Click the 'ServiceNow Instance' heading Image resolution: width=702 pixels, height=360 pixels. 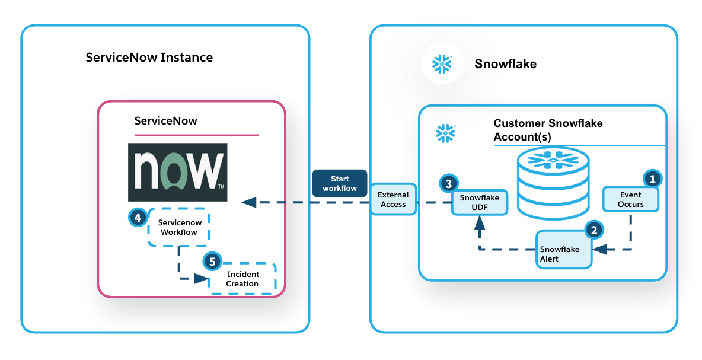click(x=149, y=58)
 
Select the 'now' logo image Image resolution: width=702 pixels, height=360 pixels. click(x=177, y=172)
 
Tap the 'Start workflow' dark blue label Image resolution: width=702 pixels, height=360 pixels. click(x=340, y=183)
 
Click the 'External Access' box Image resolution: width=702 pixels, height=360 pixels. click(x=393, y=199)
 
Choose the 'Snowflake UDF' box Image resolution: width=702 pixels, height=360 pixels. click(x=480, y=202)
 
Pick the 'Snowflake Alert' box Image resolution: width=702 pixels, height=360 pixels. click(x=564, y=250)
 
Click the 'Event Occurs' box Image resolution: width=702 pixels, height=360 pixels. click(x=631, y=199)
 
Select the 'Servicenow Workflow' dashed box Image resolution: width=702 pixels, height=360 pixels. click(x=179, y=227)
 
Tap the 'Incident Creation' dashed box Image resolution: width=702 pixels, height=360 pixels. click(x=242, y=279)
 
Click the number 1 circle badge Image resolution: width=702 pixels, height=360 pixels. click(x=652, y=178)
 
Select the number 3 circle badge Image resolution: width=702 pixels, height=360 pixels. click(x=448, y=183)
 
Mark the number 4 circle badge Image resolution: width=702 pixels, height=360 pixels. click(x=138, y=218)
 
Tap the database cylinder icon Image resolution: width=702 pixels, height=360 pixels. click(x=552, y=181)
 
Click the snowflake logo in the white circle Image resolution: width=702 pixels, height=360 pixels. click(x=442, y=63)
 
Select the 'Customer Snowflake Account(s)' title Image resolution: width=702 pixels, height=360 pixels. click(x=548, y=130)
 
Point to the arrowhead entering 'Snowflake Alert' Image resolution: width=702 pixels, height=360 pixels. click(x=599, y=250)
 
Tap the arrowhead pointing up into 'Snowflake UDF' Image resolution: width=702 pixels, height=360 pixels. click(x=480, y=222)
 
